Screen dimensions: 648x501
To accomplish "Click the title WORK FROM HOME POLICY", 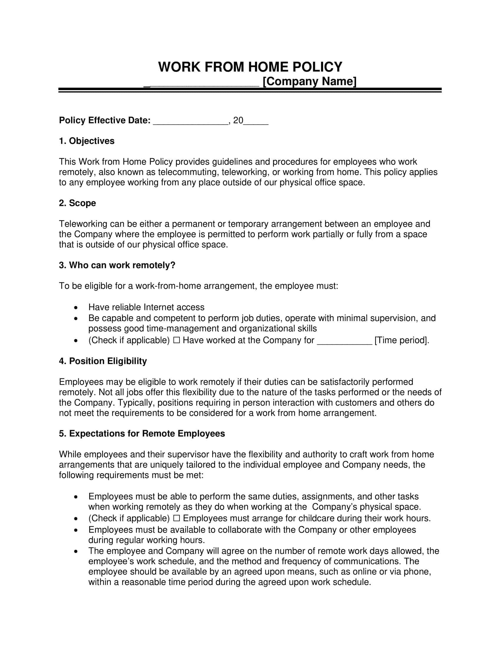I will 250,67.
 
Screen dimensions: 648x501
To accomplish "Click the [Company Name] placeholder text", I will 309,81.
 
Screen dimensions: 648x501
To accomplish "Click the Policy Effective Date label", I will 105,120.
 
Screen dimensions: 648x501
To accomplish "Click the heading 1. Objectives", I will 87,141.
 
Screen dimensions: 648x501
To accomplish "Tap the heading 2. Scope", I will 78,203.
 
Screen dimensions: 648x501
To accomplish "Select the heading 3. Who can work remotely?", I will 117,265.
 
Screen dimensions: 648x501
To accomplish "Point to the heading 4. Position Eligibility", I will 103,361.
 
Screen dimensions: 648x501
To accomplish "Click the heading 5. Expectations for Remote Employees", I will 142,434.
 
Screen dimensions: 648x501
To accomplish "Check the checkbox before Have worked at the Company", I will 176,340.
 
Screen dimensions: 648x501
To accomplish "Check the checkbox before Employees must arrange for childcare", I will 176,518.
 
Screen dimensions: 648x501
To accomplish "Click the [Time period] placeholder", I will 402,340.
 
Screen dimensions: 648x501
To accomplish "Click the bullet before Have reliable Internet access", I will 76,308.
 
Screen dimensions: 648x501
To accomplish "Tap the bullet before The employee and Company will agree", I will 76,551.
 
